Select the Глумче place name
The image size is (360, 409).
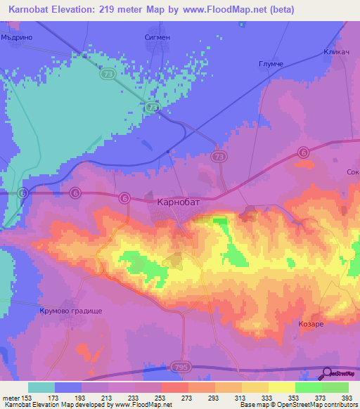point(270,63)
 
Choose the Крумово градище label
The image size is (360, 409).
point(70,310)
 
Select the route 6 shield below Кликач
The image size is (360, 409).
point(303,152)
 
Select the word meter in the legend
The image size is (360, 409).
point(11,397)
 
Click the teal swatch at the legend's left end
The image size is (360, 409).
point(41,387)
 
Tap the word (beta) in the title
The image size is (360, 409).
point(280,10)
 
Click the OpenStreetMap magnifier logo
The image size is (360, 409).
point(327,374)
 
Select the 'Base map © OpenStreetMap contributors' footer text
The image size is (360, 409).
point(297,405)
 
